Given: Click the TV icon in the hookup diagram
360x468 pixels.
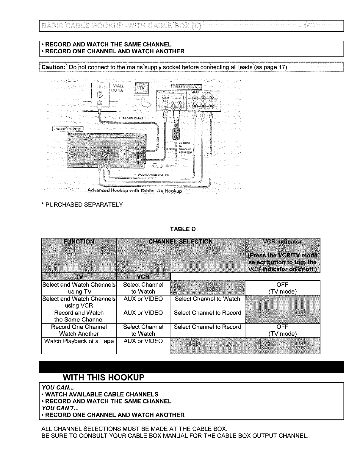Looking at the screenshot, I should (x=142, y=89).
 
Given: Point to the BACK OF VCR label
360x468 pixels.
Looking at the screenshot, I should (x=68, y=129).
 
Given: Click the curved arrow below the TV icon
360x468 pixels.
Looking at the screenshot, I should (x=145, y=103).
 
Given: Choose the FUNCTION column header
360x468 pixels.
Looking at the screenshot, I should (x=79, y=242).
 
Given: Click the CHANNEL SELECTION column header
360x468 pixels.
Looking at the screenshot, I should (x=180, y=241).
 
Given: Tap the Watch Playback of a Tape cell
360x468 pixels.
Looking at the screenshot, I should (x=79, y=341).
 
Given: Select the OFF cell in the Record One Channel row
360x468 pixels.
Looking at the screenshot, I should (x=282, y=330).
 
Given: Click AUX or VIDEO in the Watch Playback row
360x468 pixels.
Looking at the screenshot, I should (x=143, y=341).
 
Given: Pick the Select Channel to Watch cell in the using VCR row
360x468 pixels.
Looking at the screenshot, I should (x=207, y=299).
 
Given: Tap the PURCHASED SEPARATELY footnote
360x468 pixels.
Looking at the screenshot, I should (x=82, y=205).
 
